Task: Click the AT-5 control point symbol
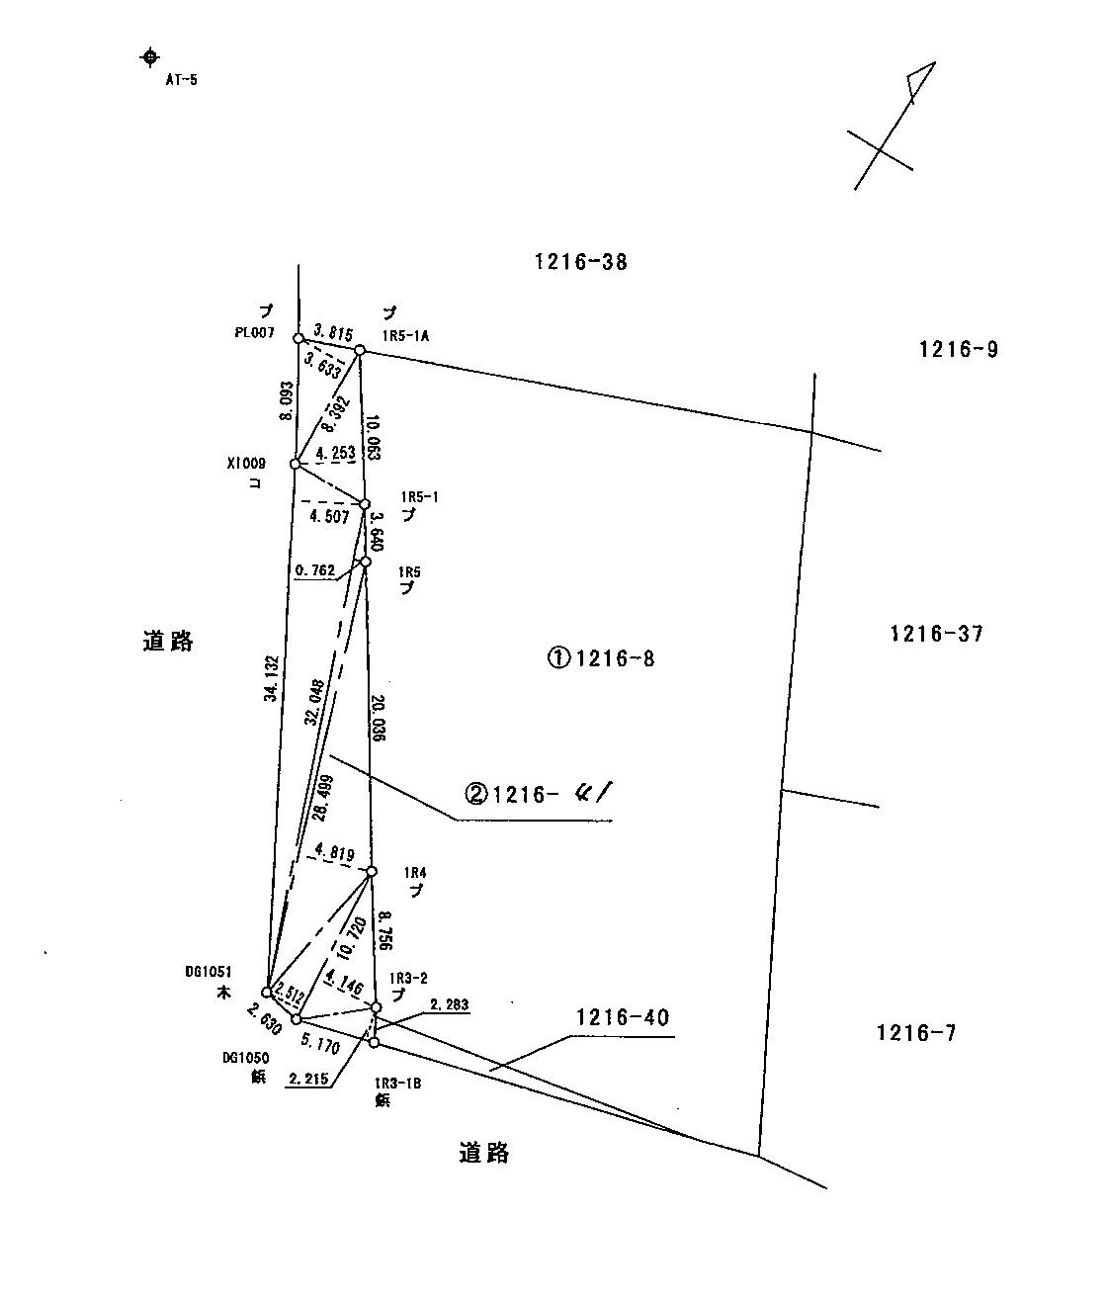(x=149, y=56)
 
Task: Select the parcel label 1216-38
(x=580, y=262)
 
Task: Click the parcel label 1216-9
(x=958, y=349)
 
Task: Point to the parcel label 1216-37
(x=936, y=634)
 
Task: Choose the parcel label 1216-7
(x=916, y=1034)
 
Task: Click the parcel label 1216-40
(x=623, y=1017)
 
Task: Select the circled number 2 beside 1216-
(x=476, y=794)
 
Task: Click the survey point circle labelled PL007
(x=298, y=338)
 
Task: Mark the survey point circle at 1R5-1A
(x=360, y=350)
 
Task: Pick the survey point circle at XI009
(x=295, y=464)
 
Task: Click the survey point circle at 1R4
(x=372, y=871)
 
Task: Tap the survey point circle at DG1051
(x=267, y=992)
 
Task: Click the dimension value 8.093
(x=286, y=401)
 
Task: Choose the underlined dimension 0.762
(x=315, y=569)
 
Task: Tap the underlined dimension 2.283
(x=448, y=1004)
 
